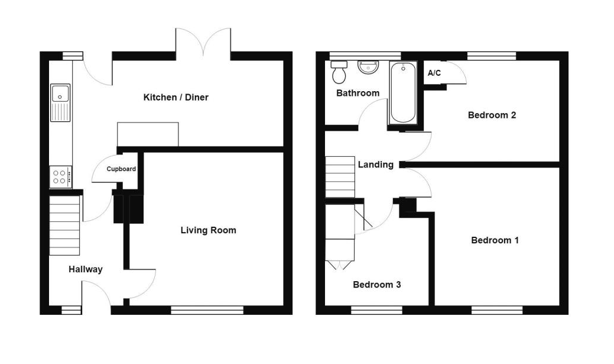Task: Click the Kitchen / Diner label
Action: (x=176, y=97)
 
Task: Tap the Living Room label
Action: (x=209, y=230)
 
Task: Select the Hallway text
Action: (x=85, y=269)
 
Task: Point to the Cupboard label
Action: (x=121, y=169)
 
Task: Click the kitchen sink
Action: (x=60, y=102)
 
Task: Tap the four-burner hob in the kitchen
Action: (x=60, y=176)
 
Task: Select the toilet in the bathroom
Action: (x=339, y=72)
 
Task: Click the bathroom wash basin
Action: (x=368, y=67)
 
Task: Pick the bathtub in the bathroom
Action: (x=402, y=92)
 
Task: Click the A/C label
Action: (x=434, y=73)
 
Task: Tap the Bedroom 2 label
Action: (x=492, y=115)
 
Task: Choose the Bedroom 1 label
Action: (x=495, y=240)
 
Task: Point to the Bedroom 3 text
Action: (x=376, y=284)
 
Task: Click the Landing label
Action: (x=375, y=165)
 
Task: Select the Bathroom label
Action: (x=358, y=93)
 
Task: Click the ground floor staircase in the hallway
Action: (x=64, y=226)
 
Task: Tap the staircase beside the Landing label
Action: (x=340, y=177)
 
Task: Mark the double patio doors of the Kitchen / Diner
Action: (x=203, y=41)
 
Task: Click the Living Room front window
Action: (x=207, y=310)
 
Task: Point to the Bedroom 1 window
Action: (x=497, y=310)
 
